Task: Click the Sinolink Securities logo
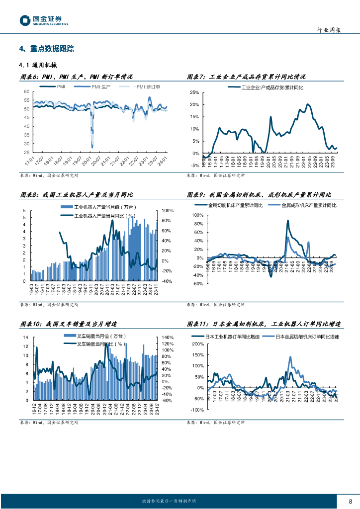tap(44, 20)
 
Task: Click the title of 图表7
tap(246, 77)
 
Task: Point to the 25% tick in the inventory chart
tap(194, 93)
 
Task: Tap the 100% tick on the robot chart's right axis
tap(167, 211)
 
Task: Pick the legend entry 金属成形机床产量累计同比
tap(309, 205)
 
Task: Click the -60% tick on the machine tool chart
tap(197, 284)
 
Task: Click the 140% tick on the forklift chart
tap(167, 338)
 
